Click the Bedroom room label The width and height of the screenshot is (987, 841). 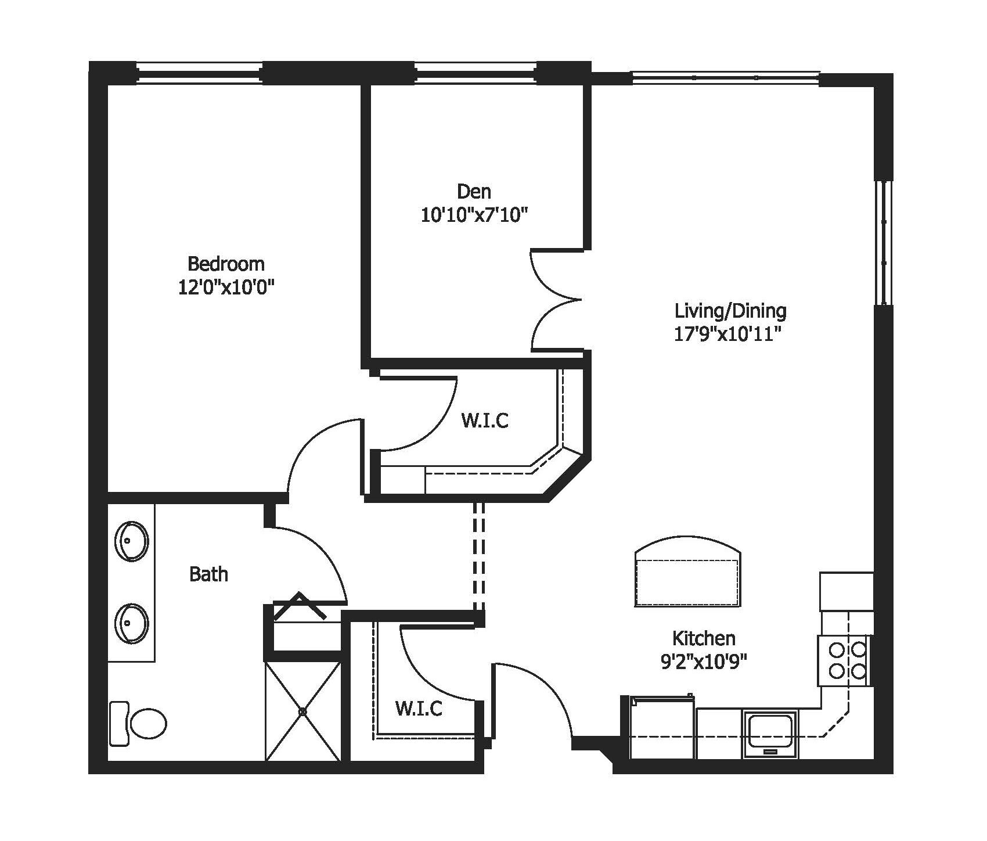226,264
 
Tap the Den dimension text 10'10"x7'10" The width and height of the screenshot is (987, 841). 474,215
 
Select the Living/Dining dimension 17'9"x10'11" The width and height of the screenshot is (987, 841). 730,335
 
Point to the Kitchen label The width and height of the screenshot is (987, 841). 704,638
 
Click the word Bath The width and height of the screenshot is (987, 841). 208,574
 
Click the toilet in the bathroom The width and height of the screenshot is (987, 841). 139,723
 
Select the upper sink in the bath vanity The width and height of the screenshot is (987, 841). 132,541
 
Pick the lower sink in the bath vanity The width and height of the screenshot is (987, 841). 132,624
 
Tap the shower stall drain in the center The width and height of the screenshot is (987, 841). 302,711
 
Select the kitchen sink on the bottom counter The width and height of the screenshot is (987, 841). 770,733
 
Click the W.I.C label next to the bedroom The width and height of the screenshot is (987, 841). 485,420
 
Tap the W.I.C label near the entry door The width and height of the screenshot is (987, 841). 419,708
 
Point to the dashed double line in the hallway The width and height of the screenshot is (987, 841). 478,555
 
